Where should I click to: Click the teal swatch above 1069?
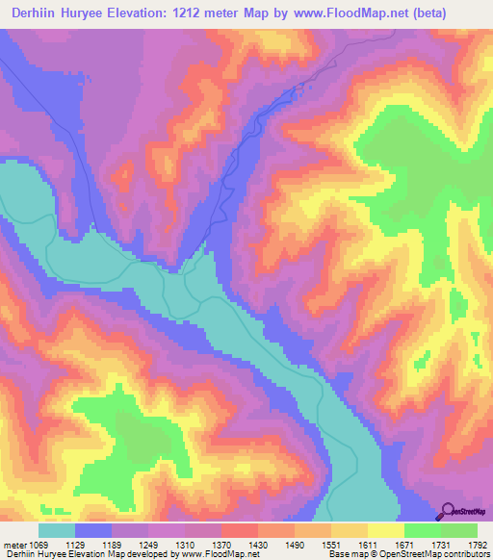click(x=57, y=530)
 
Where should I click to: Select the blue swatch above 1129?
click(x=93, y=530)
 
